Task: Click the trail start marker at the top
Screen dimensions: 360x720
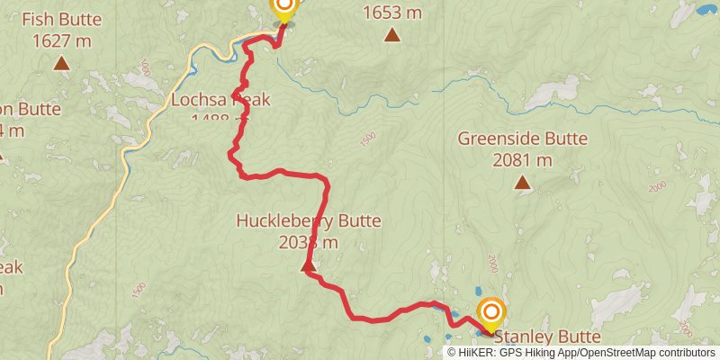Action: tap(283, 8)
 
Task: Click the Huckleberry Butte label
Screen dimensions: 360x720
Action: tap(309, 220)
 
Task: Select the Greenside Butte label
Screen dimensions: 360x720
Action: tap(522, 139)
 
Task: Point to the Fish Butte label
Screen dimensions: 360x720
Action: tap(62, 19)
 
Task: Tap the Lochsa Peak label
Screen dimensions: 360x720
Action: tap(220, 99)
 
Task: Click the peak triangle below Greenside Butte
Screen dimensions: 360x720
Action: tap(522, 183)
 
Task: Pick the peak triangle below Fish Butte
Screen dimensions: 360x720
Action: tap(61, 63)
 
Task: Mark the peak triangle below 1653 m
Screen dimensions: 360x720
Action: tap(392, 35)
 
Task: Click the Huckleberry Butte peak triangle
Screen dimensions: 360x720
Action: tap(307, 265)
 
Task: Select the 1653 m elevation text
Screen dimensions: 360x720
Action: tap(392, 13)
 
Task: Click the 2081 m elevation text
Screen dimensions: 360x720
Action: tap(522, 160)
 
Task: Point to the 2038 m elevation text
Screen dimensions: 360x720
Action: tap(309, 242)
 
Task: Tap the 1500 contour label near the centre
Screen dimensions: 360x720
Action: tap(366, 139)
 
